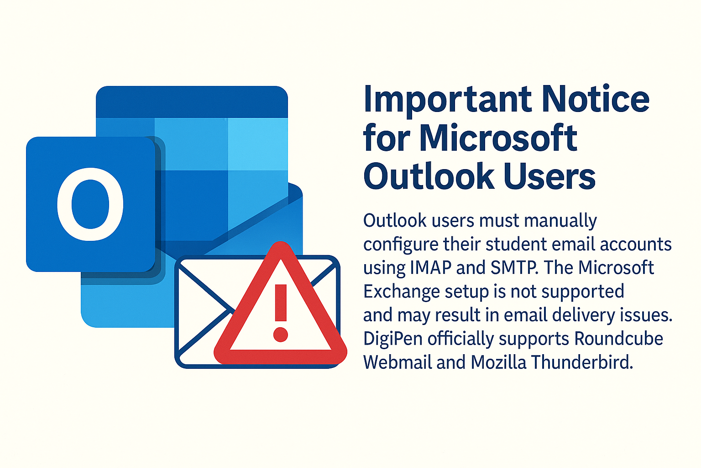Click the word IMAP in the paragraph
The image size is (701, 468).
(x=431, y=267)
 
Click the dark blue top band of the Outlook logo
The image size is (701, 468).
(x=192, y=102)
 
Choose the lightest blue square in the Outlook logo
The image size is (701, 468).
(x=258, y=144)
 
